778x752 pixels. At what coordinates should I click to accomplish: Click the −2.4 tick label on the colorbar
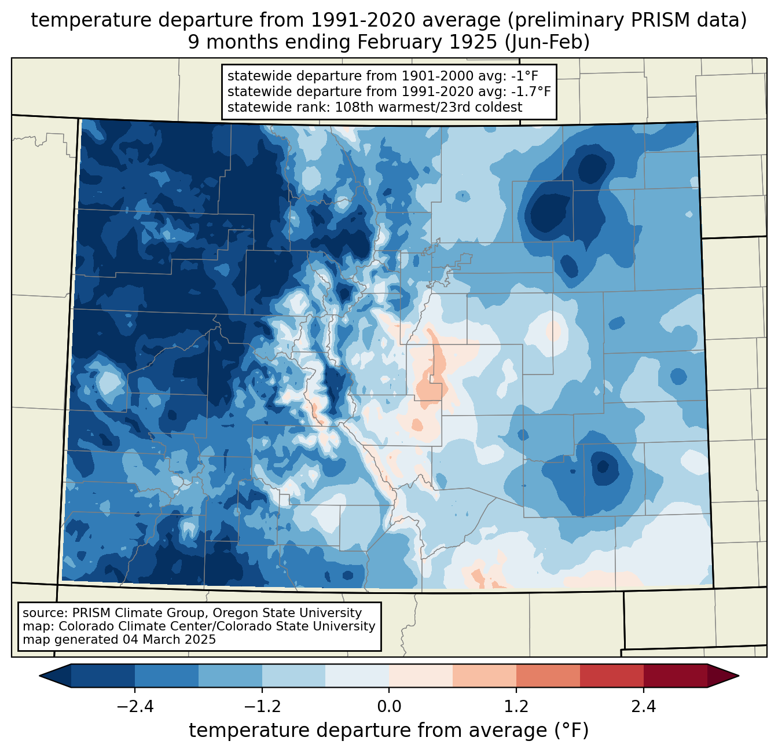(x=135, y=707)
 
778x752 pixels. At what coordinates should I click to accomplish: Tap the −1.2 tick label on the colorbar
(x=262, y=707)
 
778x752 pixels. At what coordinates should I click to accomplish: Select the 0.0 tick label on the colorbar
(x=389, y=707)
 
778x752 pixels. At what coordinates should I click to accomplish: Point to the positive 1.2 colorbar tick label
(x=516, y=707)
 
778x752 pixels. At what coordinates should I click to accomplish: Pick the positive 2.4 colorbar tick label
(x=643, y=707)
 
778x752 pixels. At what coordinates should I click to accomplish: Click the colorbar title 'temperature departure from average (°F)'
(x=389, y=731)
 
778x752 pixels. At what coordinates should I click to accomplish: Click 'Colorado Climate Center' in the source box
(x=132, y=626)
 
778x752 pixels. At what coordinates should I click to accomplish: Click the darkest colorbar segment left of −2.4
(x=103, y=676)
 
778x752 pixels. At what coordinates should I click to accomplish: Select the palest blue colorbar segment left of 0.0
(x=357, y=676)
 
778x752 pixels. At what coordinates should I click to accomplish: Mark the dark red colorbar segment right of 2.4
(x=675, y=676)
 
